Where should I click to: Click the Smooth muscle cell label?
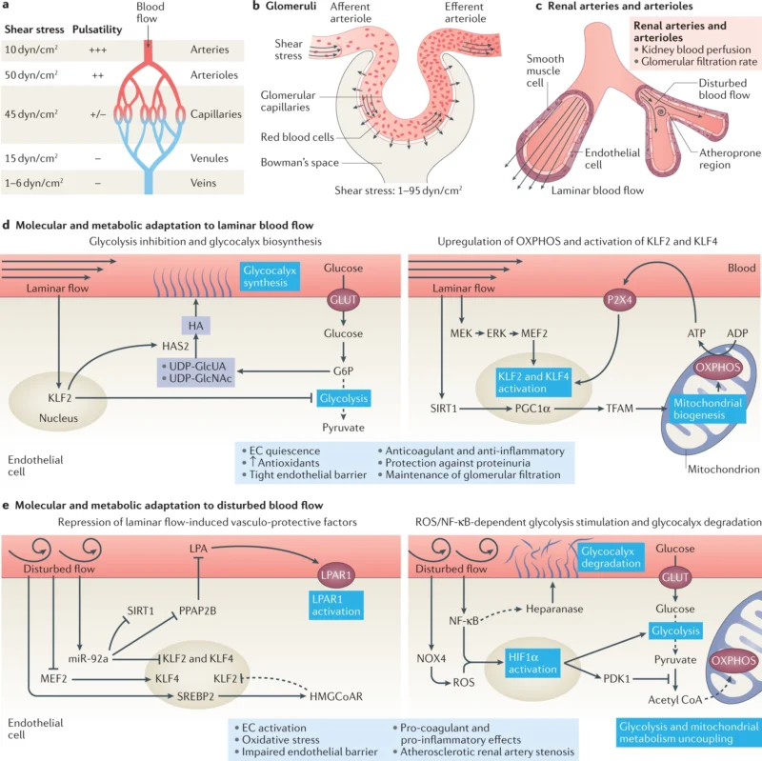(x=546, y=70)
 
